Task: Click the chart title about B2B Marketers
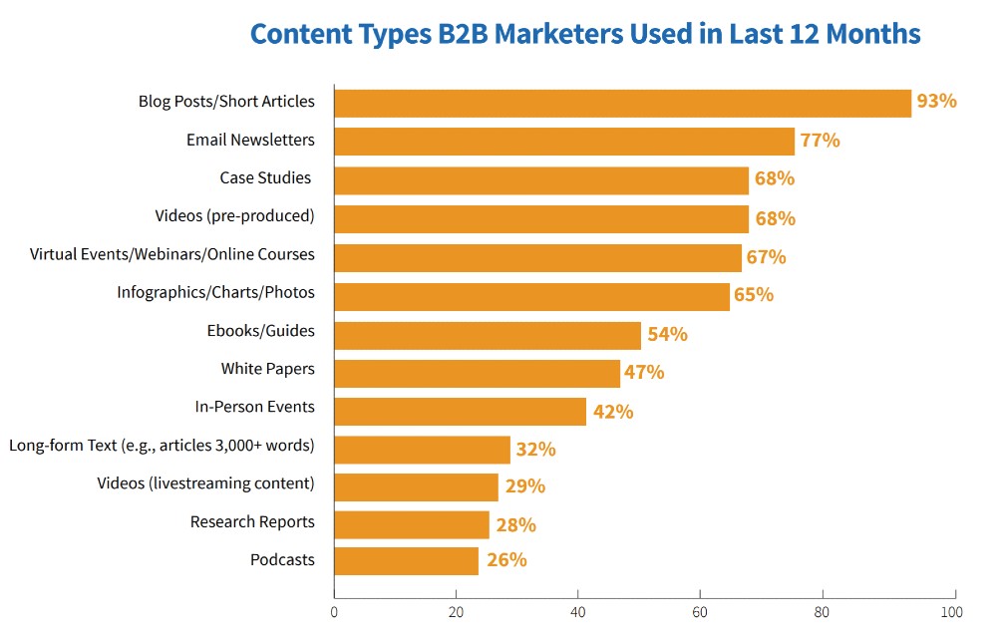pos(584,34)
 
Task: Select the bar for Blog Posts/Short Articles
pos(622,103)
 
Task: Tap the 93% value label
pos(936,102)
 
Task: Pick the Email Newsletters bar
pos(564,142)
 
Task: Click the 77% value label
pos(820,141)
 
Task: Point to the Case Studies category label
pos(265,178)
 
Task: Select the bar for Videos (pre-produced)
pos(541,218)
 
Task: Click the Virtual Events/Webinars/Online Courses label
pos(171,254)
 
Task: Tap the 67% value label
pos(766,257)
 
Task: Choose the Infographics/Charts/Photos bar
pos(531,296)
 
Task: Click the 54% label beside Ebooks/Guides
pos(667,334)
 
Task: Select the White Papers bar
pos(477,373)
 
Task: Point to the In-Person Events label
pos(254,407)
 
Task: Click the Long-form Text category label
pos(162,446)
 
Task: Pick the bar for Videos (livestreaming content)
pos(416,487)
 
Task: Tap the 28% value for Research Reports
pos(515,525)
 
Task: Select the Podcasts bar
pos(406,561)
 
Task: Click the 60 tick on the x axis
pos(700,611)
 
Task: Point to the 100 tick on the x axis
pos(951,611)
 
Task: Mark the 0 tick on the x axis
pos(334,611)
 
